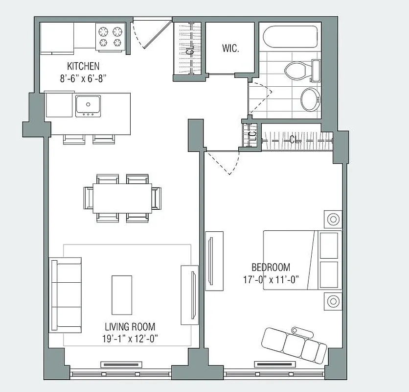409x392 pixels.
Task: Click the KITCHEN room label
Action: coord(83,66)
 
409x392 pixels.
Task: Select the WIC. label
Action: coord(230,49)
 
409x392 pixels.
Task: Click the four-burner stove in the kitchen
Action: coord(110,37)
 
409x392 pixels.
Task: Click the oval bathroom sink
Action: coord(310,99)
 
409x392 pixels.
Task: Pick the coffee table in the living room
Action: coord(122,294)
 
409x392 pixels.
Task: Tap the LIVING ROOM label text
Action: coord(130,327)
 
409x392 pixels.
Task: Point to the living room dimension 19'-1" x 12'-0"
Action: coord(130,338)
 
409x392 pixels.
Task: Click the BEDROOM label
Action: coord(271,268)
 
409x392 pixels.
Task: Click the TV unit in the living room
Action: coord(189,294)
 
